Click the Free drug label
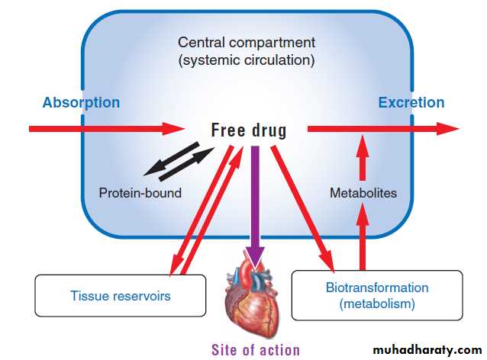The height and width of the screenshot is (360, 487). tap(249, 130)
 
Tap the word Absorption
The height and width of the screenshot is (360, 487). tap(81, 102)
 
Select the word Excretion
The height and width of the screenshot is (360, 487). tap(411, 102)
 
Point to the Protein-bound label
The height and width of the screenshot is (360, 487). tap(140, 193)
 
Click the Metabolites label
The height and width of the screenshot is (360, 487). tap(363, 193)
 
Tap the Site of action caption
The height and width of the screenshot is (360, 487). tap(256, 350)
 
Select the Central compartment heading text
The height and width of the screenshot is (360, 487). tap(246, 43)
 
